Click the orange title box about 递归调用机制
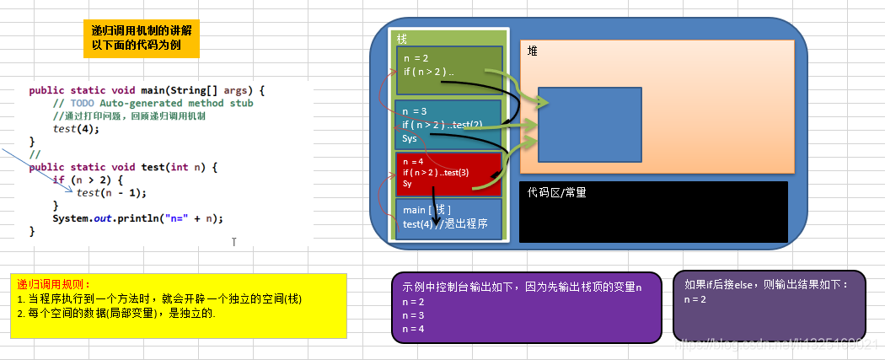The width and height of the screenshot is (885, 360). pyautogui.click(x=141, y=38)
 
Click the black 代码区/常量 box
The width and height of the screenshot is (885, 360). pyautogui.click(x=653, y=212)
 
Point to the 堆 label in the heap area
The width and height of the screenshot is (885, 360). pyautogui.click(x=533, y=51)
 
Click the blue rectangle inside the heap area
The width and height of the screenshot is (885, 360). pyautogui.click(x=589, y=124)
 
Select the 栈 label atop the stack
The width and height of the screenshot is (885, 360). pyautogui.click(x=402, y=39)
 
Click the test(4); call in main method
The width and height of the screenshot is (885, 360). pyautogui.click(x=76, y=129)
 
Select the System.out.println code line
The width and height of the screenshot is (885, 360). pyautogui.click(x=137, y=218)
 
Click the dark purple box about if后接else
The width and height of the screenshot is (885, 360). pyautogui.click(x=769, y=304)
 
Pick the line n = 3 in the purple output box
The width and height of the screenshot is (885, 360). pyautogui.click(x=414, y=314)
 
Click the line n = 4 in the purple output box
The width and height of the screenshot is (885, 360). pyautogui.click(x=414, y=328)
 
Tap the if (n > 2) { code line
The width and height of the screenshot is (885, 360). pyautogui.click(x=88, y=180)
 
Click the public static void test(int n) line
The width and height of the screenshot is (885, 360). pyautogui.click(x=123, y=167)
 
